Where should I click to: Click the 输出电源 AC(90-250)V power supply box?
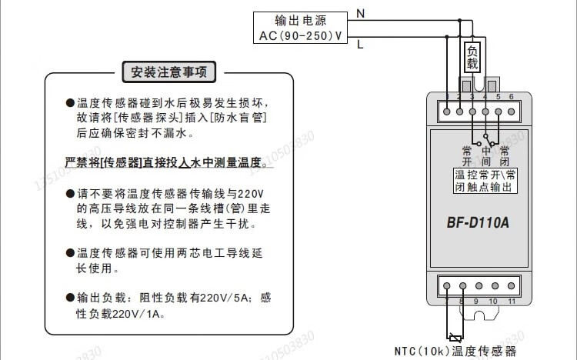(x=300, y=28)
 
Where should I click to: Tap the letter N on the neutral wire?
(x=360, y=12)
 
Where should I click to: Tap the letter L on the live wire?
(x=360, y=45)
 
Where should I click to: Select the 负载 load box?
(x=473, y=58)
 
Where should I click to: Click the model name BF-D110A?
(x=478, y=224)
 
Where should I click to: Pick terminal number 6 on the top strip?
(x=511, y=97)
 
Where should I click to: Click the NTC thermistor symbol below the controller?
(x=455, y=337)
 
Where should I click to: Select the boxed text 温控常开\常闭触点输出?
(x=485, y=181)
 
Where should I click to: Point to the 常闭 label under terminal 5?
(x=504, y=156)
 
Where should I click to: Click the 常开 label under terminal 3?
(x=466, y=156)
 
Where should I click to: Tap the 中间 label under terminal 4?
(x=485, y=156)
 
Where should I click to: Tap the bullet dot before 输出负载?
(x=70, y=298)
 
